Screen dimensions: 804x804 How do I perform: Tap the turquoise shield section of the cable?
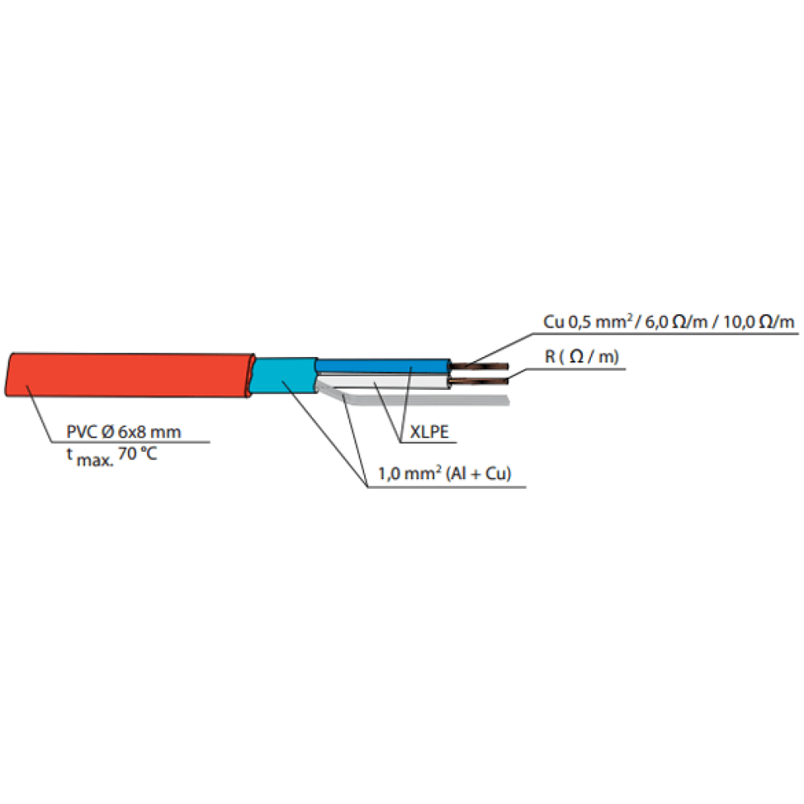pyautogui.click(x=285, y=375)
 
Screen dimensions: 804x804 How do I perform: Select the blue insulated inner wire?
pyautogui.click(x=383, y=366)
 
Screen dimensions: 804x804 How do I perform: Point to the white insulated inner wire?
pyautogui.click(x=383, y=381)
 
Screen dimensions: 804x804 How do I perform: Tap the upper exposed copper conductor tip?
pyautogui.click(x=479, y=366)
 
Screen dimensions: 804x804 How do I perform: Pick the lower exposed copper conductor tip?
pyautogui.click(x=479, y=380)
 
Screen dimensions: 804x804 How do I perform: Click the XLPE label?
pyautogui.click(x=429, y=432)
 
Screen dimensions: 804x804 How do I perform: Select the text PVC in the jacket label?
pyautogui.click(x=81, y=432)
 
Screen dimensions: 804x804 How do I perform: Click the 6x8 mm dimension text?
pyautogui.click(x=150, y=432)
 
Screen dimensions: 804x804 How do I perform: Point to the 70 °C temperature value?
pyautogui.click(x=137, y=453)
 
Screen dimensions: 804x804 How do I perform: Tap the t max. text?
pyautogui.click(x=90, y=457)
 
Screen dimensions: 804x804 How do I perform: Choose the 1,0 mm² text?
pyautogui.click(x=410, y=473)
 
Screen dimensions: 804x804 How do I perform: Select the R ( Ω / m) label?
pyautogui.click(x=581, y=356)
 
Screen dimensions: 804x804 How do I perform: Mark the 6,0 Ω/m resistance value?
pyautogui.click(x=676, y=322)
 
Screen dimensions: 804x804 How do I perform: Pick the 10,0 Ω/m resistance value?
pyautogui.click(x=759, y=322)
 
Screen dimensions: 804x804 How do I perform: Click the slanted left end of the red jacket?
pyautogui.click(x=9, y=375)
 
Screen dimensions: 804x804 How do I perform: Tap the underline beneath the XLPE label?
pyautogui.click(x=428, y=442)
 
